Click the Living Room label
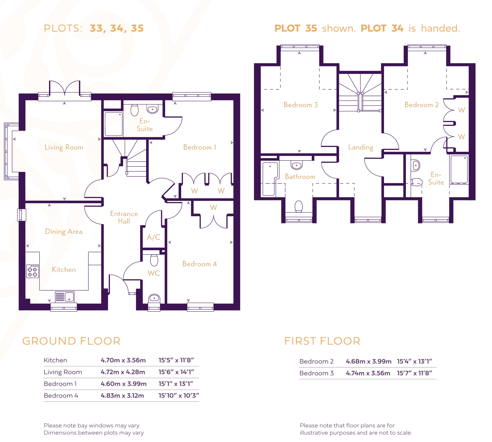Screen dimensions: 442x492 coord(64,147)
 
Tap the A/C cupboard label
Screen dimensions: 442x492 coord(153,237)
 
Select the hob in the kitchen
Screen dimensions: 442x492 coord(33,271)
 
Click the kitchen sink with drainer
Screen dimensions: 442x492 coord(65,297)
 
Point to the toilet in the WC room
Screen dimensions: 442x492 coord(154,260)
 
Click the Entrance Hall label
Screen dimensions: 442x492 coord(124,217)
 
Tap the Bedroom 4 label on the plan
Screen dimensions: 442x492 coord(200,264)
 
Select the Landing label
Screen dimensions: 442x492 coord(361,147)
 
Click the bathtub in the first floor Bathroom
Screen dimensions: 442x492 coord(270,179)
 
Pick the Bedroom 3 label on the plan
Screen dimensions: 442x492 coord(300,105)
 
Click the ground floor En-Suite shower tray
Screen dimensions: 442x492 coord(114,124)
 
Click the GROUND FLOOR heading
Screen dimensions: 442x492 coord(71,341)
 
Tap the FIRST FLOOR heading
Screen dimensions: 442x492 coord(322,341)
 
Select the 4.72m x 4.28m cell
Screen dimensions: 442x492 coord(123,372)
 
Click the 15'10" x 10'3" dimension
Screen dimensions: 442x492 coord(179,396)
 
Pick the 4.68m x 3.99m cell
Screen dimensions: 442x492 coord(368,361)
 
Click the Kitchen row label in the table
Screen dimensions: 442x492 coord(55,360)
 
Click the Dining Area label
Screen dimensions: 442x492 coord(64,231)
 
